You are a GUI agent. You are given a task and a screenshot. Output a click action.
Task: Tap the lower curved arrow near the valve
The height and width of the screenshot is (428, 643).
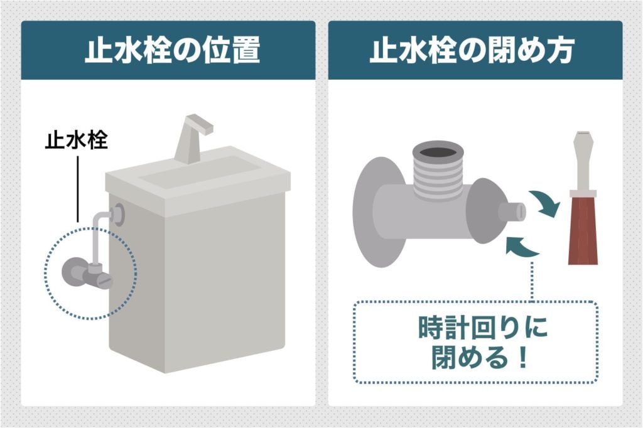tap(523, 246)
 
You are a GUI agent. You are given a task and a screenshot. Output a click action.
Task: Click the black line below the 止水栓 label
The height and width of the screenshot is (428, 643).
tap(77, 188)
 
